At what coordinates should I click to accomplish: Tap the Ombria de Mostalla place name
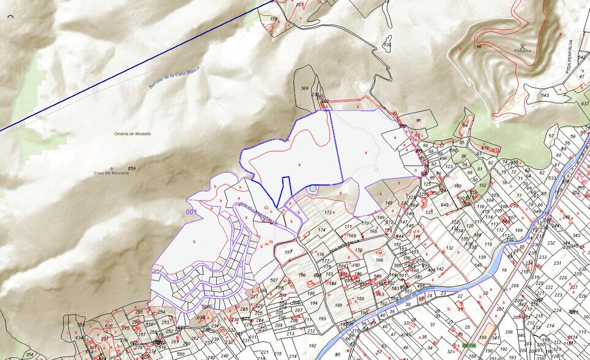coord(132,133)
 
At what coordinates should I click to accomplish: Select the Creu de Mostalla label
coord(111,173)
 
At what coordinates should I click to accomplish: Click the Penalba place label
coord(523,51)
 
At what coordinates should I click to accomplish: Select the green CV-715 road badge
coord(469,346)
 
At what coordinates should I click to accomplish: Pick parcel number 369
coord(304,88)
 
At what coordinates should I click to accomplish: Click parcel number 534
coord(387,45)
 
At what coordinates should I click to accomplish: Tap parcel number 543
coord(544,96)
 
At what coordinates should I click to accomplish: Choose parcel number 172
coord(328,212)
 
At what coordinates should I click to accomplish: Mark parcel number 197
coord(288,252)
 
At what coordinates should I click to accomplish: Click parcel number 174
coord(321,230)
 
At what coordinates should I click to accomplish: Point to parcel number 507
coord(274,280)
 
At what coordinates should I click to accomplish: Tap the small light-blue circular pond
coord(313,188)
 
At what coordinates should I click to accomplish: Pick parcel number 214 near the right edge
coord(550,326)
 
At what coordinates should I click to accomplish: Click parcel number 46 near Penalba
coord(479,46)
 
